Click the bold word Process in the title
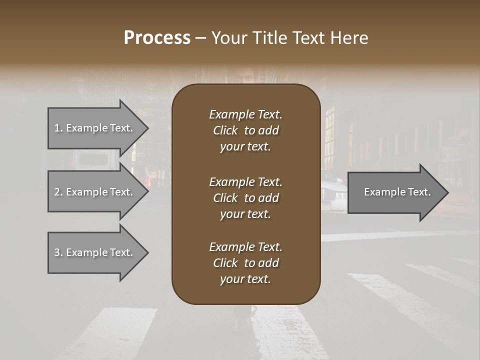[x=157, y=38]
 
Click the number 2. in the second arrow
[x=58, y=192]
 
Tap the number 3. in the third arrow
[x=58, y=252]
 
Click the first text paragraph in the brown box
[x=245, y=130]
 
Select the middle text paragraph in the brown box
[x=245, y=198]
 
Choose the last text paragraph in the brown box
[x=245, y=263]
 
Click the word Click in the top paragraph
[x=225, y=130]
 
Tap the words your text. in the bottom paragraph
[x=245, y=279]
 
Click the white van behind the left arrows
[x=92, y=160]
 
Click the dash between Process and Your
[x=200, y=38]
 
